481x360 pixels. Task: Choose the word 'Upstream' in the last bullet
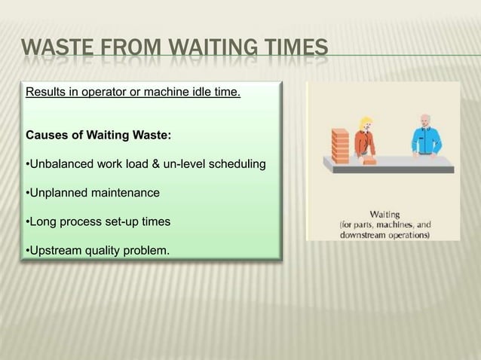[x=56, y=250]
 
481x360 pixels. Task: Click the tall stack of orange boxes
[x=340, y=144]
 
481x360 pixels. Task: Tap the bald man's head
[x=426, y=121]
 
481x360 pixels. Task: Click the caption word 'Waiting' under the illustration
[x=384, y=213]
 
